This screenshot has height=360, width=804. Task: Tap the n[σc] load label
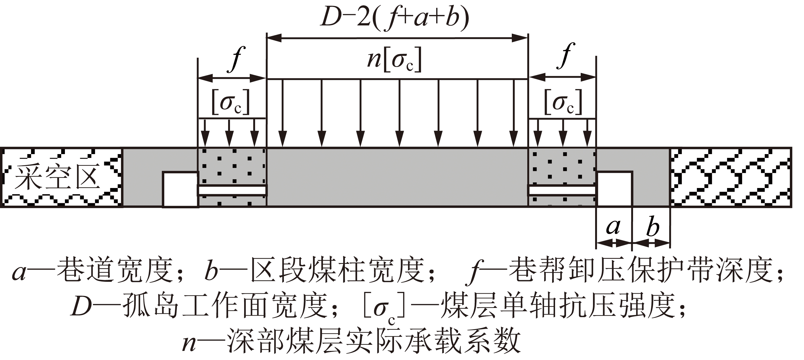coord(394,60)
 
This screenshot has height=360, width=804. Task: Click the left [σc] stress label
coord(231,102)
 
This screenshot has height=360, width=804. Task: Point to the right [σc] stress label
coord(563,102)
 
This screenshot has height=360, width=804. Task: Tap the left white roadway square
coord(180,189)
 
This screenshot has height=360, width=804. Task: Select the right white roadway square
coord(614,189)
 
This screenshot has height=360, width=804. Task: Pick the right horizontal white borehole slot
coord(562,190)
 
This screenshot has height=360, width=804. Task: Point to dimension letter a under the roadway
coord(613,227)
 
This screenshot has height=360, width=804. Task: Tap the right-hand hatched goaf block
coord(731,177)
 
